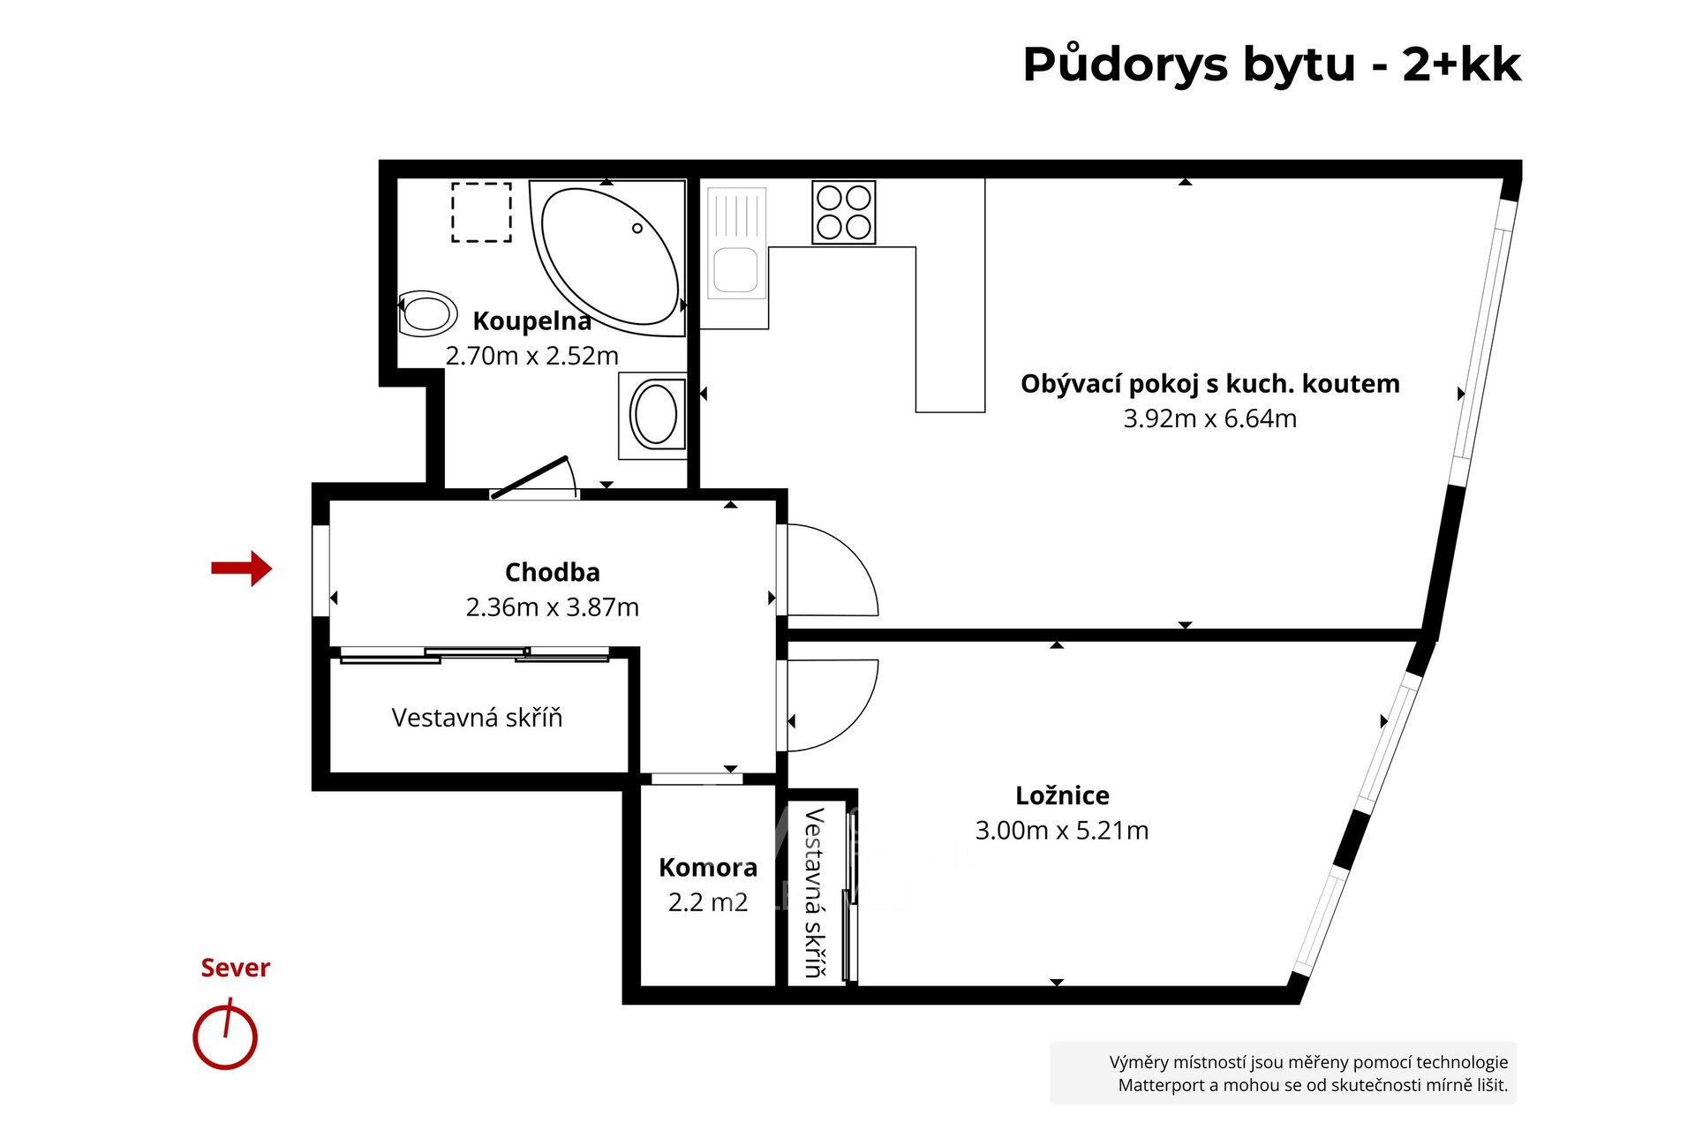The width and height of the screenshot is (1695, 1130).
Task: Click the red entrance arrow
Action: click(x=241, y=569)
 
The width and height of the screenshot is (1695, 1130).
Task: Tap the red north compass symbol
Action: click(x=225, y=1035)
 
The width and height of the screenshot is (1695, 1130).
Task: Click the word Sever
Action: click(x=235, y=968)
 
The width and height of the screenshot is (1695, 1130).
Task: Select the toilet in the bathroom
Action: click(x=428, y=313)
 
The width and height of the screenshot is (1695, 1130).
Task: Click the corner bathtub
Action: click(x=608, y=258)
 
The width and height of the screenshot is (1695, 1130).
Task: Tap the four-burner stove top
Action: click(x=844, y=212)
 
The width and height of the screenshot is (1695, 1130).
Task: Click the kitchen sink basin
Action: click(x=735, y=270)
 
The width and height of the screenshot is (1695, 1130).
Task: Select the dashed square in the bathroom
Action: click(x=482, y=212)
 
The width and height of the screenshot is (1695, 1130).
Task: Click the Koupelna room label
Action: click(x=531, y=321)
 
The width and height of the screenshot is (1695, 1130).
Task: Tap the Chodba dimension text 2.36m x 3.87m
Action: click(x=553, y=607)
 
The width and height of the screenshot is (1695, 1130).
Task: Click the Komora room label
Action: click(x=708, y=868)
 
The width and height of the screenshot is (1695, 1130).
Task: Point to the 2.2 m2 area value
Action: click(x=708, y=902)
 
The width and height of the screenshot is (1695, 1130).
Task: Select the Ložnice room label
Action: click(x=1062, y=795)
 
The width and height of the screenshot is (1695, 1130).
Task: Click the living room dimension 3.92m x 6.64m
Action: click(x=1210, y=418)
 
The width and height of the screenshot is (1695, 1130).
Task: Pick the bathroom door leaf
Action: click(x=530, y=478)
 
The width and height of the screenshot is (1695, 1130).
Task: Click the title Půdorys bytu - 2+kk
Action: click(x=1272, y=64)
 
